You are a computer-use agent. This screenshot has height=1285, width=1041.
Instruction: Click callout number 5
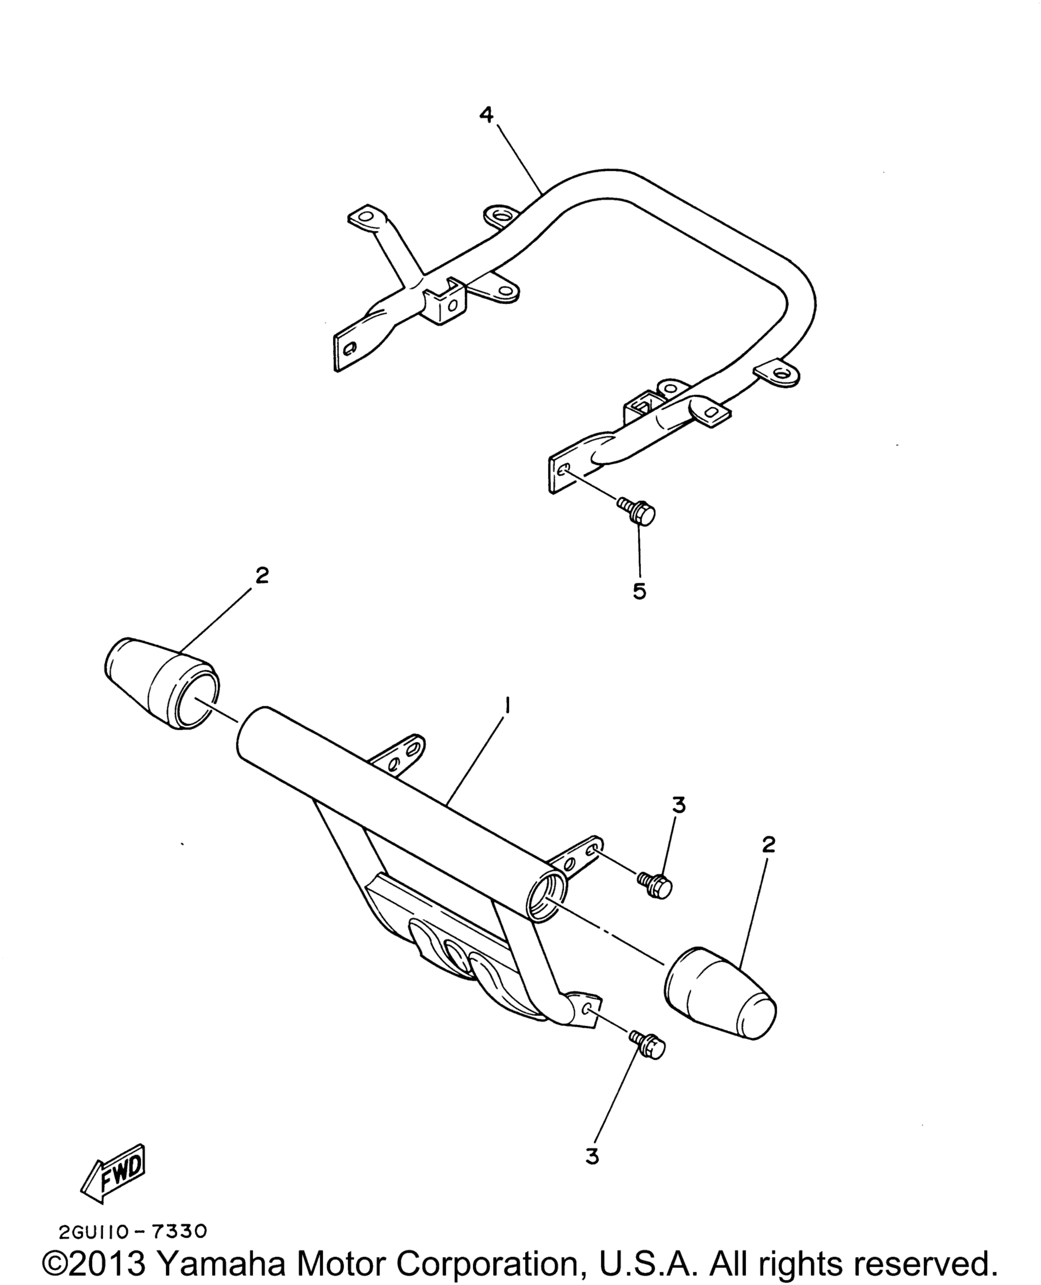pos(639,591)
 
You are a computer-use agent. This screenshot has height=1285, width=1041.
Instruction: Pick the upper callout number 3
pos(678,805)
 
